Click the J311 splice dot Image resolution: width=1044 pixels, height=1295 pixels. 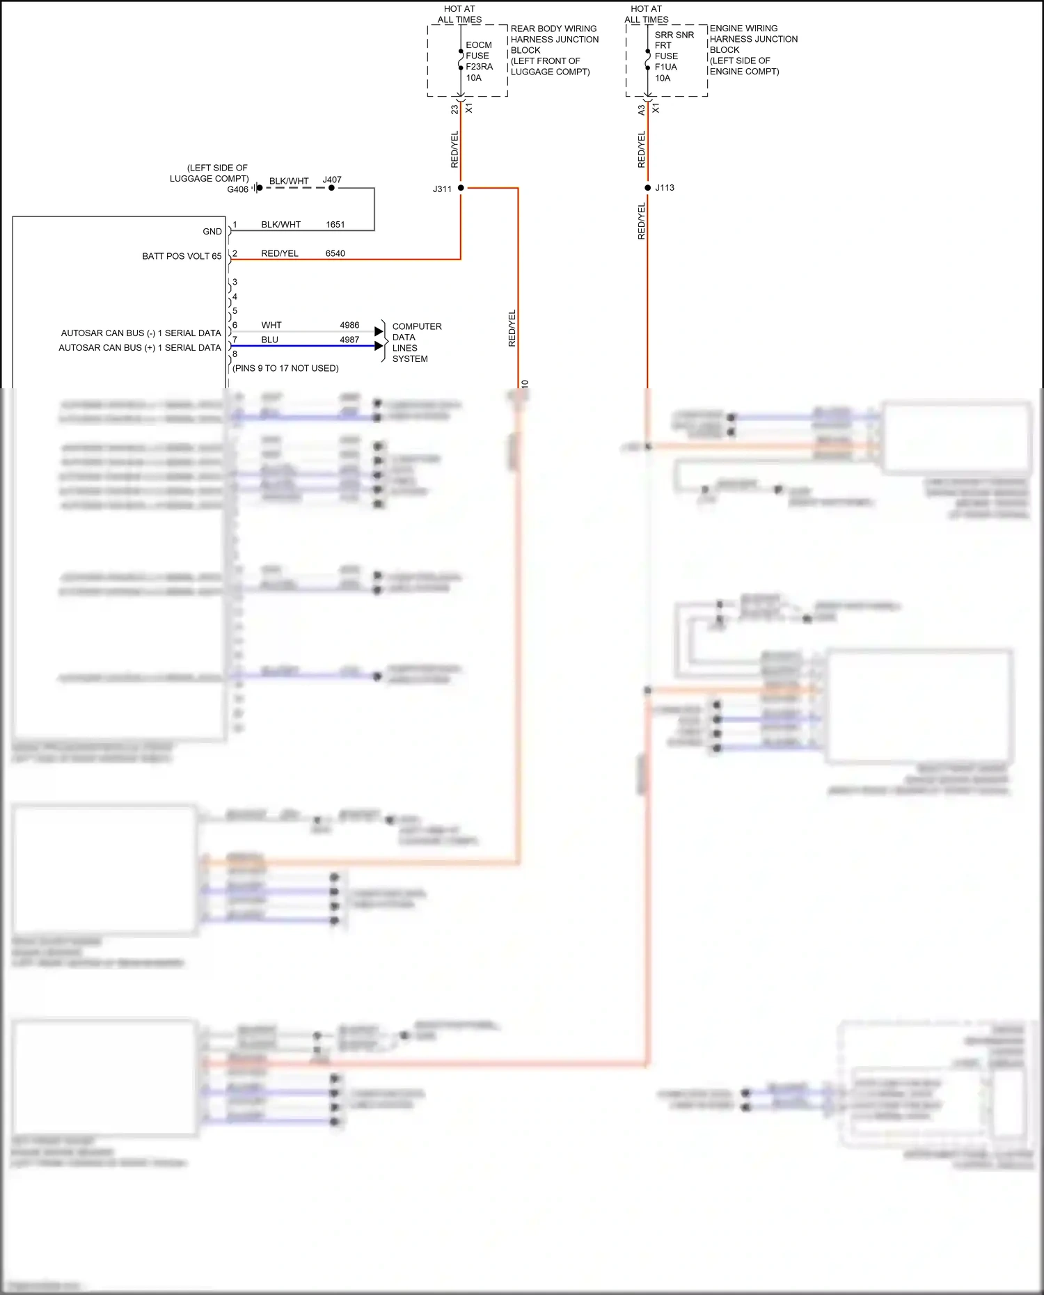pyautogui.click(x=461, y=188)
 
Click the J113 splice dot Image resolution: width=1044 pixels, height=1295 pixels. pyautogui.click(x=647, y=188)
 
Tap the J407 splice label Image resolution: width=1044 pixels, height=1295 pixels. pyautogui.click(x=332, y=180)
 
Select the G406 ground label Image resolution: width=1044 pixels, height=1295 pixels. pyautogui.click(x=237, y=189)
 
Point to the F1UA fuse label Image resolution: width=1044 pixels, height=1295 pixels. pyautogui.click(x=665, y=67)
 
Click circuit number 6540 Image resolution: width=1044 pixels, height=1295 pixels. pyautogui.click(x=335, y=253)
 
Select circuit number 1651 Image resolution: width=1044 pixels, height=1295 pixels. pyautogui.click(x=335, y=225)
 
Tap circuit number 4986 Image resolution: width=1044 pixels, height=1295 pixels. pyautogui.click(x=349, y=325)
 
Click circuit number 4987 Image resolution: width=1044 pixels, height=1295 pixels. pyautogui.click(x=349, y=340)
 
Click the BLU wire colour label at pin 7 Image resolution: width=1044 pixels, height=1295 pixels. pyautogui.click(x=269, y=340)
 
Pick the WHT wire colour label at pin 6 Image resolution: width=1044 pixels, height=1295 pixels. pyautogui.click(x=271, y=325)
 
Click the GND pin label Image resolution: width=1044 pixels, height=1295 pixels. pyautogui.click(x=212, y=232)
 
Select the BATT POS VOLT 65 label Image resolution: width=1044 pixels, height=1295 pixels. pyautogui.click(x=182, y=256)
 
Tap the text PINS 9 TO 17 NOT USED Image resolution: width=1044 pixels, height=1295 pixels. pyautogui.click(x=285, y=368)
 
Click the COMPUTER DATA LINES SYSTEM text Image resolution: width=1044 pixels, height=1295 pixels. pyautogui.click(x=416, y=342)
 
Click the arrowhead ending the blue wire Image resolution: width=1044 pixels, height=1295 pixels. pyautogui.click(x=379, y=346)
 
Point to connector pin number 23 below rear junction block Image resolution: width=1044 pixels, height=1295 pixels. pyautogui.click(x=454, y=109)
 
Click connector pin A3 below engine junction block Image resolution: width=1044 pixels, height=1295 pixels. pyautogui.click(x=641, y=110)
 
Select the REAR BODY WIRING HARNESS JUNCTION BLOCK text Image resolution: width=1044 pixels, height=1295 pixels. pyautogui.click(x=554, y=39)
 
